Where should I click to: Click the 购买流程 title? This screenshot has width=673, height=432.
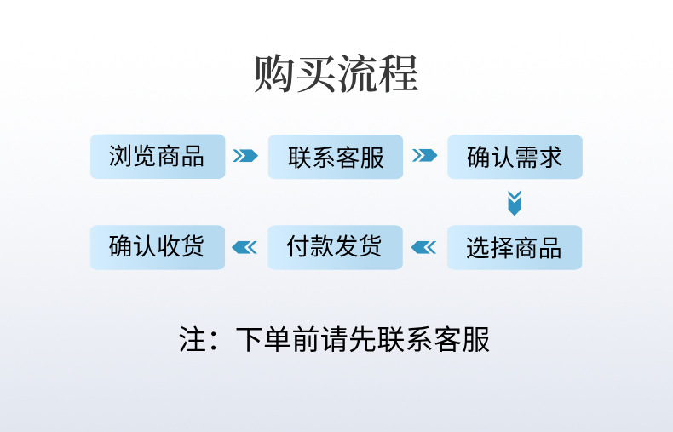point(336,74)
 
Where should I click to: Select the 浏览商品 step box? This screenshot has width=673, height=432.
point(158,157)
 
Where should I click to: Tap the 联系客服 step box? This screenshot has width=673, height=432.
point(336,157)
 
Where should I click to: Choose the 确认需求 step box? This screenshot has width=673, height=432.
point(515,157)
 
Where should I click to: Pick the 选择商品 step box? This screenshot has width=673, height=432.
point(515,247)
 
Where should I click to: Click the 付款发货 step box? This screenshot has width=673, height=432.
point(336,247)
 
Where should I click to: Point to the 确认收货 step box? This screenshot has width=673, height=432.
point(158,247)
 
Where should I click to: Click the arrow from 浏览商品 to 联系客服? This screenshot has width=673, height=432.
point(245,156)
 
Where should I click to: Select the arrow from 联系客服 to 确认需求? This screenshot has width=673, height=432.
point(424,156)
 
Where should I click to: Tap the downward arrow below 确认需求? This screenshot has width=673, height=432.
point(514,203)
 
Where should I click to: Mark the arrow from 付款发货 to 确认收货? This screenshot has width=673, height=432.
point(245,247)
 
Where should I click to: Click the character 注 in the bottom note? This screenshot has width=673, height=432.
point(193,339)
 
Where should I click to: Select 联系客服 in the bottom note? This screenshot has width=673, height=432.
point(435,339)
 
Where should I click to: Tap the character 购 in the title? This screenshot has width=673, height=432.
point(274,74)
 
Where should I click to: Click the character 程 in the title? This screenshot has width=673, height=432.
point(399,74)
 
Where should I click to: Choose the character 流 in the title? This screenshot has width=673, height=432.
point(358,74)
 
